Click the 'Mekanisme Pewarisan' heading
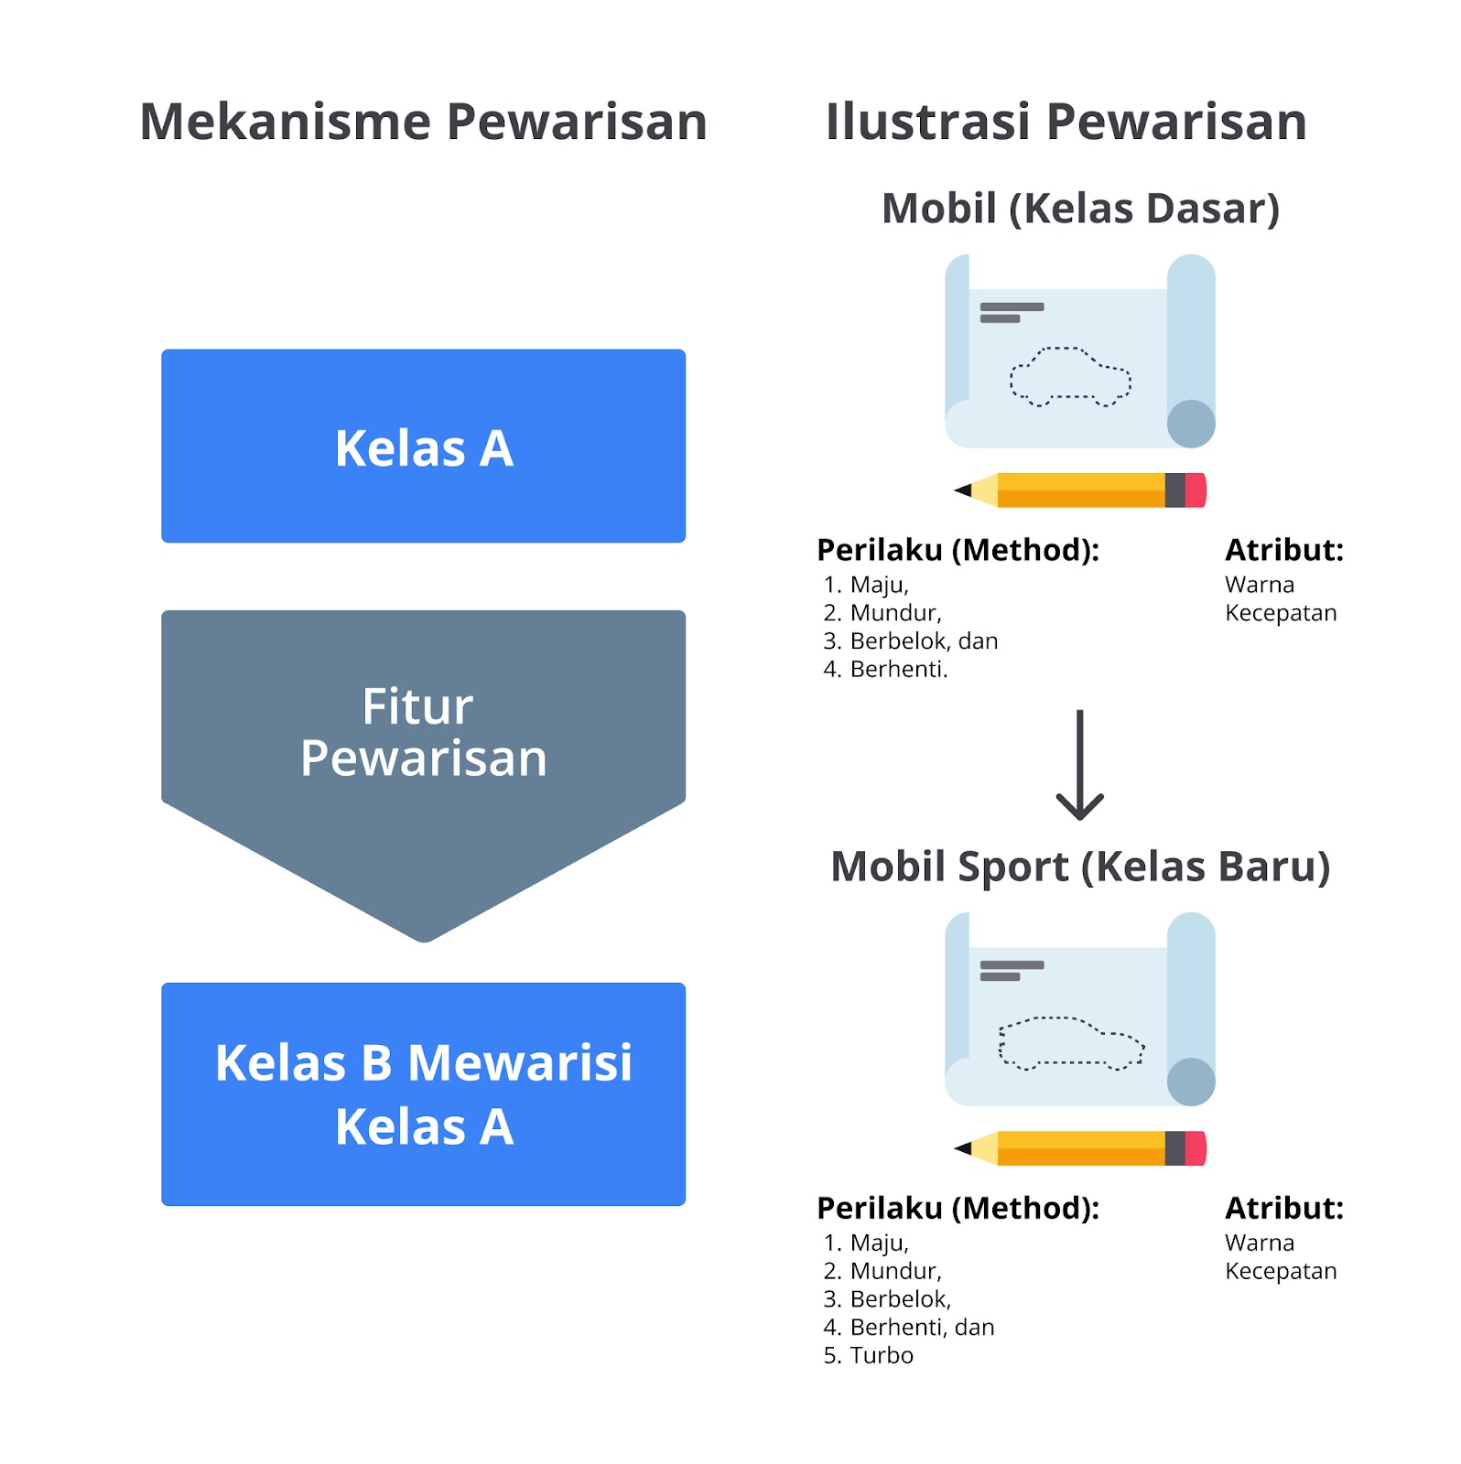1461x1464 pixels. (423, 122)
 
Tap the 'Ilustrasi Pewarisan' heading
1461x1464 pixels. (1066, 122)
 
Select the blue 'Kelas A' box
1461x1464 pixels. (423, 447)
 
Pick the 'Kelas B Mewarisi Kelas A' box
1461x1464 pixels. (423, 1093)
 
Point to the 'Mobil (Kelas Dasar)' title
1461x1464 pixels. (1080, 209)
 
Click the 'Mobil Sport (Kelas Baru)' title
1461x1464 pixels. (1080, 867)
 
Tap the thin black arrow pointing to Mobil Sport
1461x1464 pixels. (1080, 764)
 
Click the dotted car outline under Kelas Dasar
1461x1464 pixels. (1070, 376)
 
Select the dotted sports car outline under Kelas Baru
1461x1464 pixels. (1070, 1042)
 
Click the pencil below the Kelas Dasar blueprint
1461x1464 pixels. (1080, 490)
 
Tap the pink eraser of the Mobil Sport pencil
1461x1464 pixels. (1196, 1148)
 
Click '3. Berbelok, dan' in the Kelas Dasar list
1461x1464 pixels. (910, 640)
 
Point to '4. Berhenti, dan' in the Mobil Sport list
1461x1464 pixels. (908, 1327)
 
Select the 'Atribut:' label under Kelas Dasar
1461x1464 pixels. (1284, 550)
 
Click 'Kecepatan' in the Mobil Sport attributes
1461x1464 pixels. (1281, 1271)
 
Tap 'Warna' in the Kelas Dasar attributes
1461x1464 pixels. (1260, 585)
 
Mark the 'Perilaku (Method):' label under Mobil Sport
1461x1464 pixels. (958, 1208)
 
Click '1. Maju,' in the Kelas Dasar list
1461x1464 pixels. (866, 585)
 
